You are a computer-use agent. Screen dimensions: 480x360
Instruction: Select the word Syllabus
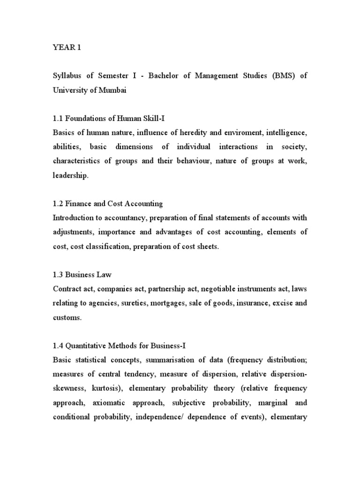[x=68, y=76]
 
